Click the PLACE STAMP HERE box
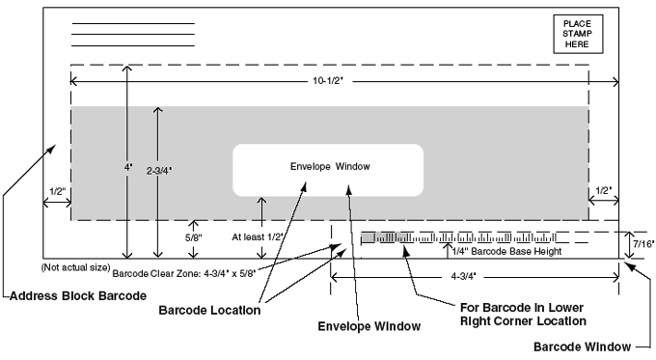[578, 34]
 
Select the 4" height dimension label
[127, 165]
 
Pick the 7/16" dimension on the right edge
[641, 245]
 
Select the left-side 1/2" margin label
[55, 190]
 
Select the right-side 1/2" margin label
[604, 190]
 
